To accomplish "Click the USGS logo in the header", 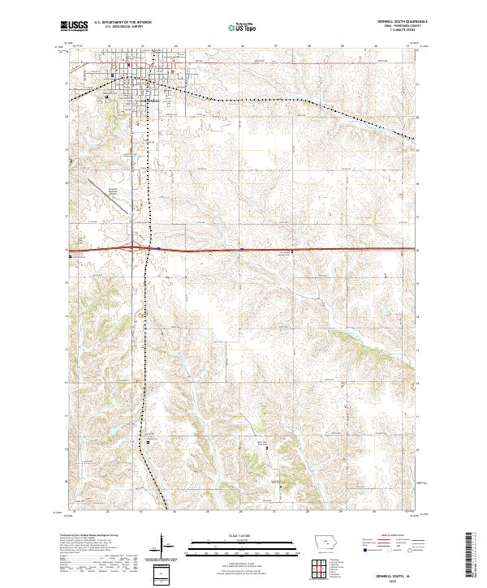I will (x=75, y=26).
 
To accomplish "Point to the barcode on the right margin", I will (x=471, y=556).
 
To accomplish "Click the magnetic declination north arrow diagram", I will (x=167, y=552).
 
